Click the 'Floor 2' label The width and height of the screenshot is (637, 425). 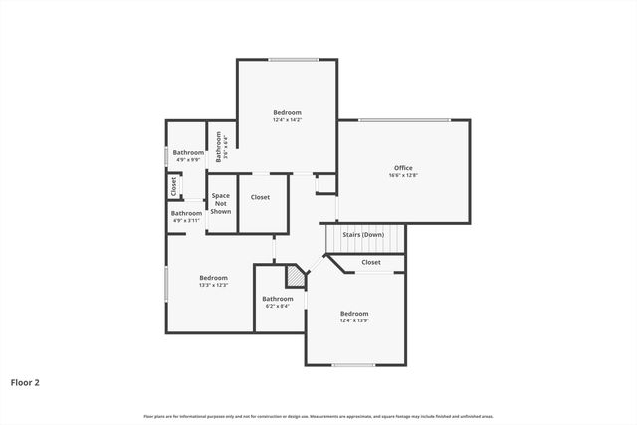tap(25, 381)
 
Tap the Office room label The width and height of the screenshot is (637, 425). tap(402, 168)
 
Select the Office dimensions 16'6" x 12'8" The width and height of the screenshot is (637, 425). tap(402, 176)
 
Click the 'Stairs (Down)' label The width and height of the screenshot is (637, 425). tap(363, 234)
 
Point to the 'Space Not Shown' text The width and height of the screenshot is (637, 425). tap(221, 203)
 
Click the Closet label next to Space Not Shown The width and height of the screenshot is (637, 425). tap(260, 197)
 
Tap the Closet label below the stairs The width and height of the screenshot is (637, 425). tap(370, 262)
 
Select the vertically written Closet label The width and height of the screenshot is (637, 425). tap(173, 185)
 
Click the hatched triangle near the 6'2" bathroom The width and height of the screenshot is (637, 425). tap(296, 276)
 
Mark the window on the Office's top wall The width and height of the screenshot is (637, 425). tap(403, 120)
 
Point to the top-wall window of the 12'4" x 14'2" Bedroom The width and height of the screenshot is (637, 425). tap(287, 60)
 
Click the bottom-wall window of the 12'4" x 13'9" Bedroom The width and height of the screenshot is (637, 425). tap(353, 365)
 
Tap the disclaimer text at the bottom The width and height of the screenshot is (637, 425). tap(318, 416)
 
